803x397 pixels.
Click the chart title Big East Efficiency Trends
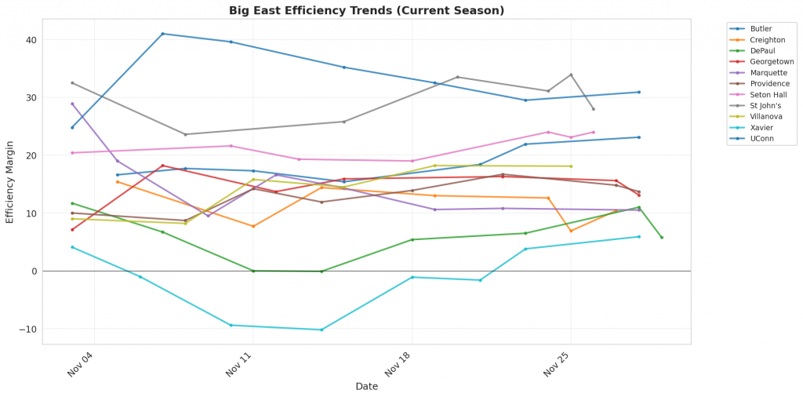pyautogui.click(x=366, y=10)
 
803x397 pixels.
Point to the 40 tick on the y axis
pyautogui.click(x=29, y=40)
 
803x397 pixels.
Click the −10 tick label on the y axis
pyautogui.click(x=25, y=330)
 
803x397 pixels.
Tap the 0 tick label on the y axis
pyautogui.click(x=32, y=271)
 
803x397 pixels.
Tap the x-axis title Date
pyautogui.click(x=366, y=386)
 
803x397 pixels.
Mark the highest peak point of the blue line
pyautogui.click(x=162, y=34)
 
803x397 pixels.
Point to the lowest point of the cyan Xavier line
pyautogui.click(x=322, y=330)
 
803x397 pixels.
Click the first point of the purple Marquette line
pyautogui.click(x=72, y=104)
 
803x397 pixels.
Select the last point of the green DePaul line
pyautogui.click(x=662, y=238)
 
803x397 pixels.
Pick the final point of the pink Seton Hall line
pyautogui.click(x=594, y=133)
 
